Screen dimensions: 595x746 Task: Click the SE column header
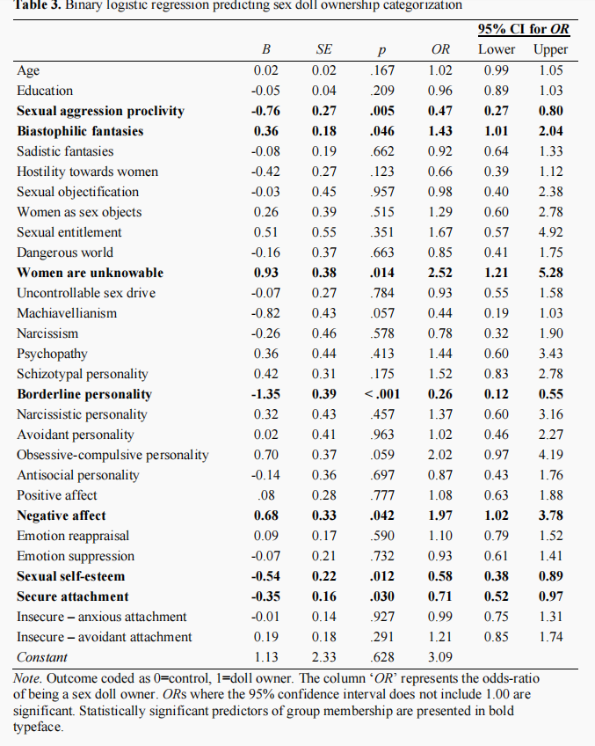coord(323,49)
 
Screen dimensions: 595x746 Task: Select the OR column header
coord(440,49)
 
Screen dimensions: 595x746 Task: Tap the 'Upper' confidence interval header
coord(550,50)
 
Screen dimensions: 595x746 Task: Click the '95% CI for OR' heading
coord(523,29)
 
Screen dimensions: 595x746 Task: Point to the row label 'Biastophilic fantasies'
coord(80,131)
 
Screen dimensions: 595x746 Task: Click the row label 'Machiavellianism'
coord(67,313)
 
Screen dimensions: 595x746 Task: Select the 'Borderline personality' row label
coord(84,394)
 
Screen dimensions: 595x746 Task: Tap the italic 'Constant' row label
coord(42,657)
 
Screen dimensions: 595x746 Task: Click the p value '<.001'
coord(382,394)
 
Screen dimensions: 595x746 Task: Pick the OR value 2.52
coord(440,273)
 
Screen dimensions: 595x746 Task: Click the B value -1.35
coord(265,394)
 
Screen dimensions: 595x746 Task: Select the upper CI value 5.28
coord(551,273)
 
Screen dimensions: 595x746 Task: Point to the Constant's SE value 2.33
coord(323,657)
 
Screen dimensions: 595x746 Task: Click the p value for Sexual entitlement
coord(382,232)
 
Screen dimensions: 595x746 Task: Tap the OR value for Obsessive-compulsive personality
coord(440,455)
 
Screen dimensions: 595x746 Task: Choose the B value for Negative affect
coord(265,516)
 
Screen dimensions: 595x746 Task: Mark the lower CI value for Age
coord(497,70)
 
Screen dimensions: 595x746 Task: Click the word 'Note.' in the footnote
coord(27,678)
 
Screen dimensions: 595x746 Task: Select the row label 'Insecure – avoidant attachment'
coord(104,637)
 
